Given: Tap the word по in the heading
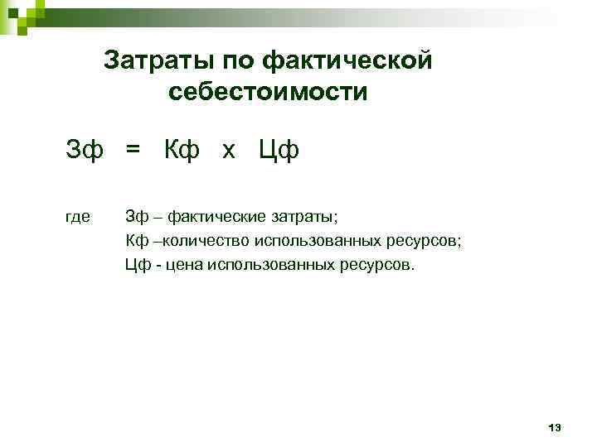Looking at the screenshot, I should pos(235,60).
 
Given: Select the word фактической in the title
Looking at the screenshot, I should pos(347,60).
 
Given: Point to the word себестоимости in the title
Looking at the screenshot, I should pos(267,91).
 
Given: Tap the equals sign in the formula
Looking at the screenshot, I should pos(133,151).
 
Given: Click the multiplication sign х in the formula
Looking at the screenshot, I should pos(229,151).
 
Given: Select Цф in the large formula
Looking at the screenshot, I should pos(279,151).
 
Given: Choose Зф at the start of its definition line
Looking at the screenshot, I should pos(137,217).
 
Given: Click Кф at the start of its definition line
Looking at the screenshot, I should pos(137,241).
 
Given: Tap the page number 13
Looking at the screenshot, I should pos(555,428).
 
